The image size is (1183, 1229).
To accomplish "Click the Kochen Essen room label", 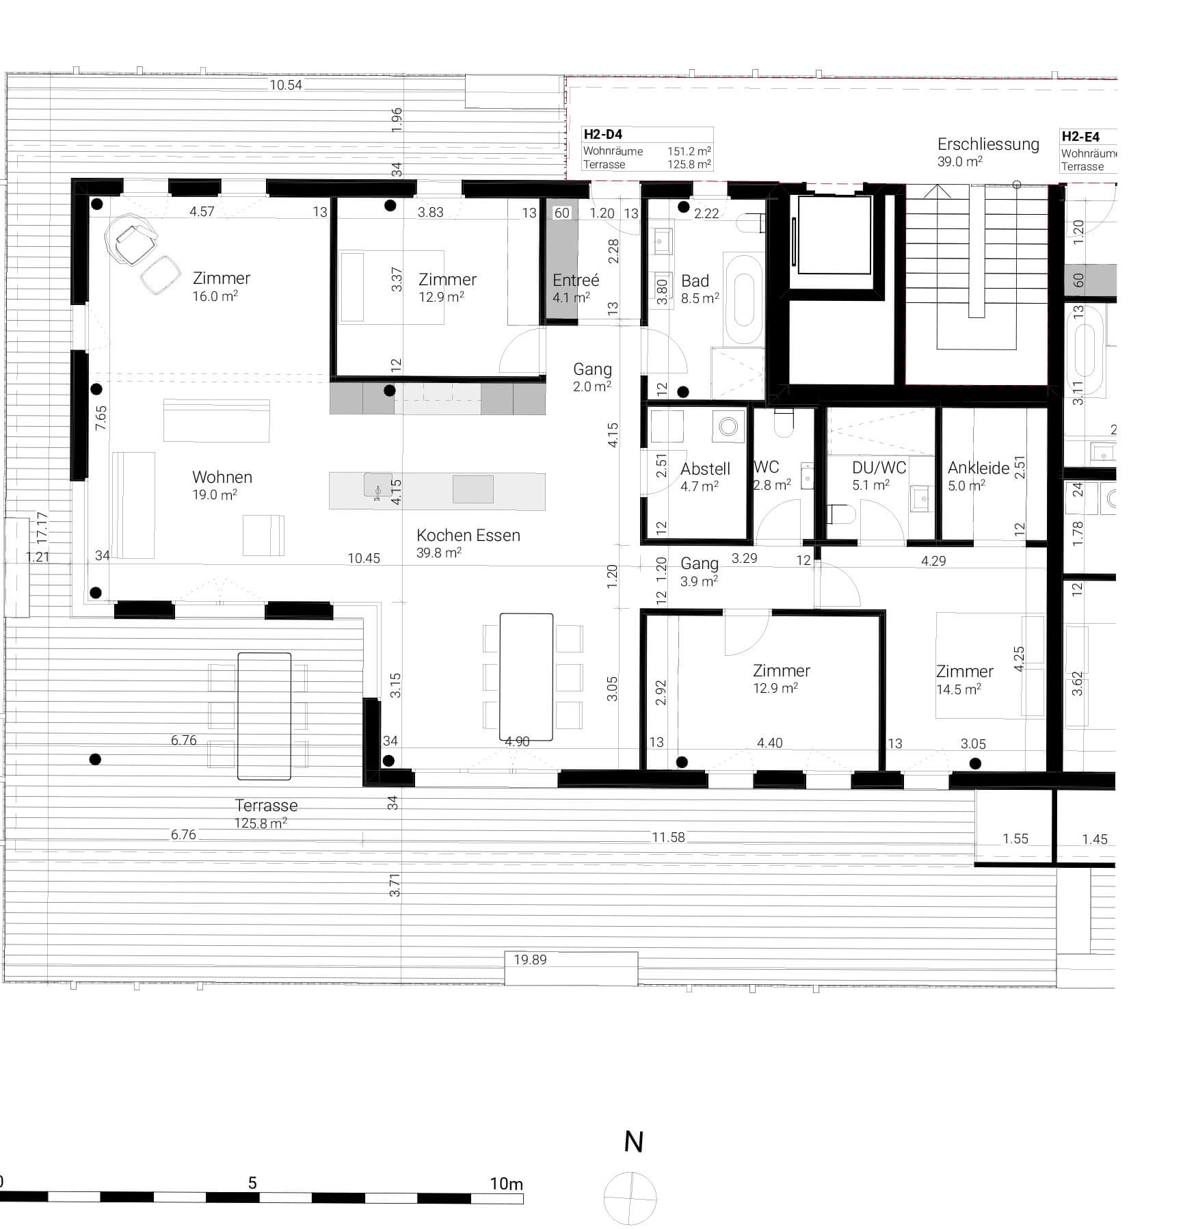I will pos(468,536).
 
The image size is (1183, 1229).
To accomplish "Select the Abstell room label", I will pos(705,469).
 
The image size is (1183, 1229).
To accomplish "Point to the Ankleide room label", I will pos(978,468).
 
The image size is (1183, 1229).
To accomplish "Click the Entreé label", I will pos(576,280).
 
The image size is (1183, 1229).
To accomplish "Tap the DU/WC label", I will pos(879,468).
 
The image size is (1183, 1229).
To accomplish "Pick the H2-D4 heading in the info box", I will pos(602,135).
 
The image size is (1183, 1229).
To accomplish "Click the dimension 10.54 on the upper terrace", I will pos(285,85).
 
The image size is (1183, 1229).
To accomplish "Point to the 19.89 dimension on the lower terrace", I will pos(530,960).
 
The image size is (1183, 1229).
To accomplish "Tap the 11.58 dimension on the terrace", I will pos(667,837).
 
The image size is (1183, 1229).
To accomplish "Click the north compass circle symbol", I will pos(630,1198).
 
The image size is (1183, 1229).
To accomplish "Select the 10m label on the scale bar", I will pos(506,1184).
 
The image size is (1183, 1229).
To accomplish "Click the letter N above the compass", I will pos(633,1142).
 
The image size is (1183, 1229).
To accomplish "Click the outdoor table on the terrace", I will pos(264,716).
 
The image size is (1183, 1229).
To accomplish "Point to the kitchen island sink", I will pos(377,486).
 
